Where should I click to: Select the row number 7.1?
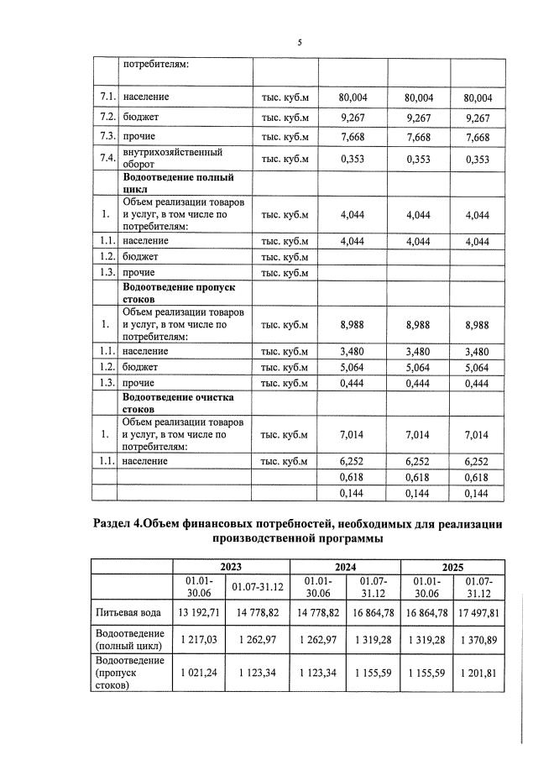105,98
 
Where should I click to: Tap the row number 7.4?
105,159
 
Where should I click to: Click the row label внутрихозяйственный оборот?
172,159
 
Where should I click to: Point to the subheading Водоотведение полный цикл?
178,184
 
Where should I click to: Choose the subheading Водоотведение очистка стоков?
178,402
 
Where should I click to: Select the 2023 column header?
229,566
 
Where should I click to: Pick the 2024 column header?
343,566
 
